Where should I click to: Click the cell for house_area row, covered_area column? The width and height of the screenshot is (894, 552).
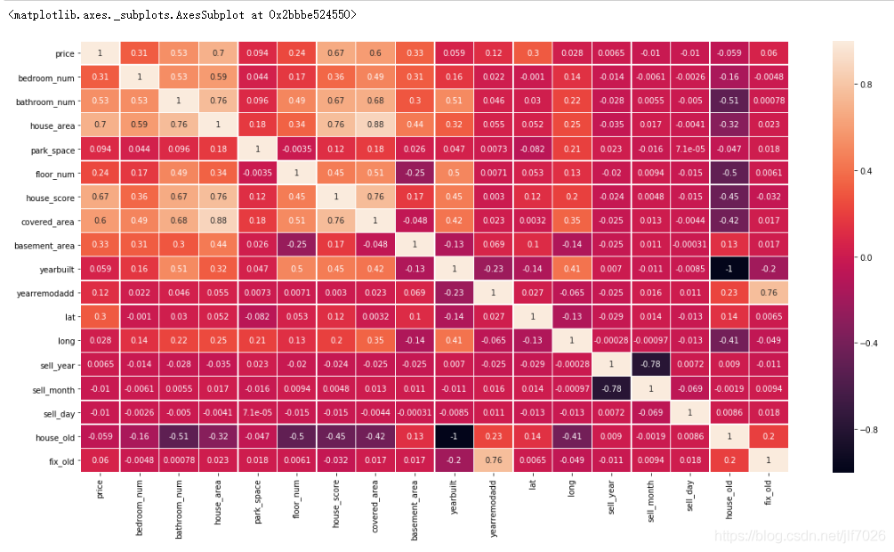tap(376, 126)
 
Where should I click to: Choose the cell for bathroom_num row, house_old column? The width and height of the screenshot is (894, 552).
tap(729, 101)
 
